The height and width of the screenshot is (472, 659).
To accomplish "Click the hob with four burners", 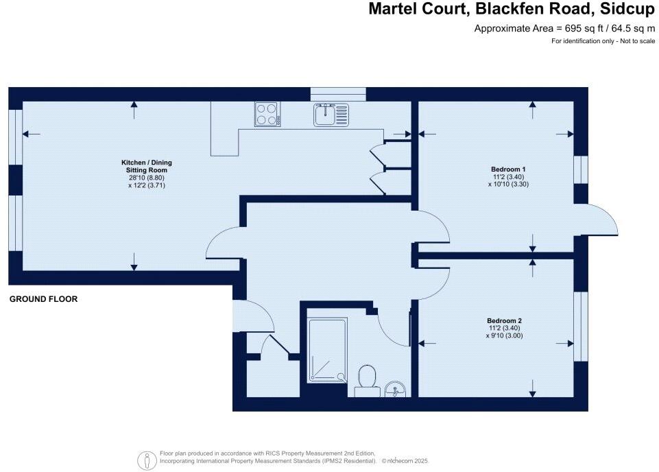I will pos(267,114).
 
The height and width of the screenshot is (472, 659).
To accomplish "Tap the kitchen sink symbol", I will pos(331,115).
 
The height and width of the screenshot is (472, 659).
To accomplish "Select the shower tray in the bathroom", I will pos(326,350).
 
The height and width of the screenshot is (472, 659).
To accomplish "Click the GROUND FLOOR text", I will pos(43,299).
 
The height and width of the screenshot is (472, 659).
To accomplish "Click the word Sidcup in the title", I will pos(623,9).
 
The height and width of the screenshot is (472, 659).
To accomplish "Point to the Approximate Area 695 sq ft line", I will pos(564,29).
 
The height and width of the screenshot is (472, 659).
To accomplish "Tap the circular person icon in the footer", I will pos(146,460).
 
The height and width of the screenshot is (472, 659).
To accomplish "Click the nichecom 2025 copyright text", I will pos(405,462).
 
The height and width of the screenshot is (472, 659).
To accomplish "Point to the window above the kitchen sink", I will pos(338,94).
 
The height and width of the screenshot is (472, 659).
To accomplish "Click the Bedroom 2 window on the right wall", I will pos(582,326).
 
